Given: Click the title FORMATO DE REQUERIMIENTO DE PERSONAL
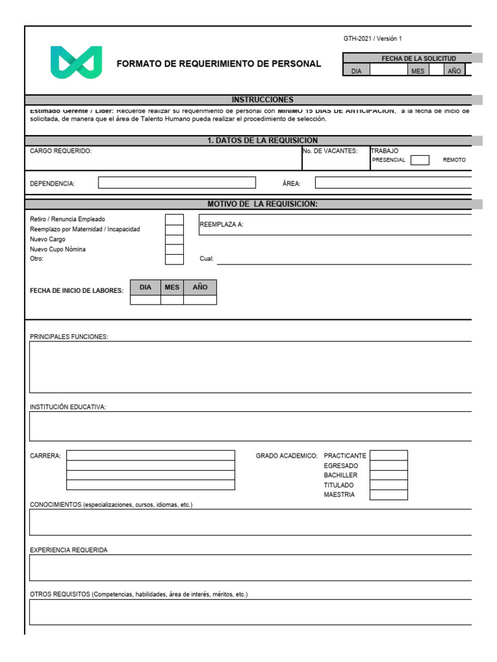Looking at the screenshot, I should (x=219, y=64).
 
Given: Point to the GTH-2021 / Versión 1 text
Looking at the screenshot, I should (x=372, y=39).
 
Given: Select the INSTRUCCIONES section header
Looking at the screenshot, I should (x=262, y=100).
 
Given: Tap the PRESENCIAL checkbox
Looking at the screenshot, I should (x=419, y=160).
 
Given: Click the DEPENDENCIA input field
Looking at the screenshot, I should (x=176, y=183).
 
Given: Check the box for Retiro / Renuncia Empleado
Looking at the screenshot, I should (x=174, y=219).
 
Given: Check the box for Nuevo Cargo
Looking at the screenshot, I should (x=174, y=239).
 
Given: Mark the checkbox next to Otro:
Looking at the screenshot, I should (x=174, y=259).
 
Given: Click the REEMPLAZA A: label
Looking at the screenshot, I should (x=221, y=225).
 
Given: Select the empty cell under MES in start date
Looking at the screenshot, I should (x=171, y=299).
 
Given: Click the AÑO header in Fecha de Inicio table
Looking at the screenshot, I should (x=200, y=287).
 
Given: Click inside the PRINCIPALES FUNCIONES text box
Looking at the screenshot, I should (x=250, y=367).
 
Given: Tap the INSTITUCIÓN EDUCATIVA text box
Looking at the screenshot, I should (x=250, y=426).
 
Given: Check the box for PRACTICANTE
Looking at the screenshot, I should (x=388, y=455).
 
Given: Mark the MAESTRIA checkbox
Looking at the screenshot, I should (x=388, y=495).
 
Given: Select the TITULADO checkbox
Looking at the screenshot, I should (x=388, y=485).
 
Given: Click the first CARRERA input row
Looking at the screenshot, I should (x=150, y=455).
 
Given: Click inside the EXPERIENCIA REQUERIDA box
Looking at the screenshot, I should (x=250, y=568).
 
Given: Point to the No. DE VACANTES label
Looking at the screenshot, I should (x=330, y=151).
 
